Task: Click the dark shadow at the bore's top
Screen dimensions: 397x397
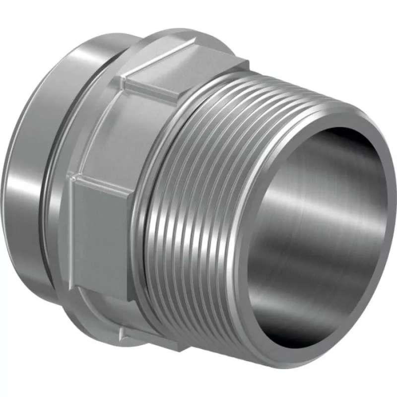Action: click(x=318, y=149)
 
